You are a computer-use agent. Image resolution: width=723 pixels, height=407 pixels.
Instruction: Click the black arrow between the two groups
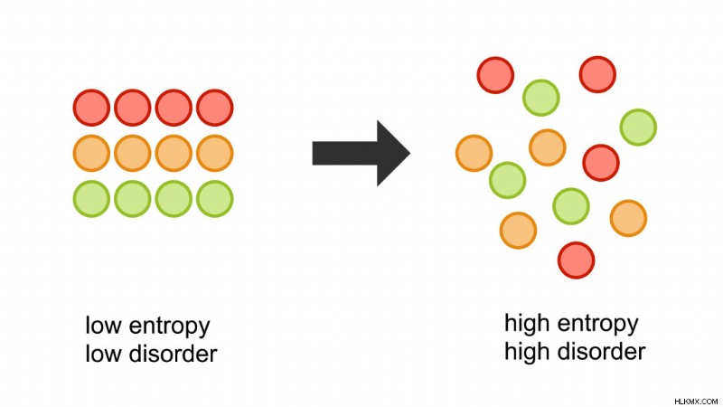(x=361, y=153)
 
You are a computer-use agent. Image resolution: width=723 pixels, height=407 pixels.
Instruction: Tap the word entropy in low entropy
(x=169, y=327)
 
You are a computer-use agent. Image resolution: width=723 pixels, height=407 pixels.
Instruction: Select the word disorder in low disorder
(x=173, y=354)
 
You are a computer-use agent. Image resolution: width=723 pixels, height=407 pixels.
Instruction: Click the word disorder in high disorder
(x=601, y=351)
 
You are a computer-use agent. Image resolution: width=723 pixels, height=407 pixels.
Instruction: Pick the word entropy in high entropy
(x=597, y=325)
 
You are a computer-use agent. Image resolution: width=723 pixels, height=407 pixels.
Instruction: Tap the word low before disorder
(x=104, y=354)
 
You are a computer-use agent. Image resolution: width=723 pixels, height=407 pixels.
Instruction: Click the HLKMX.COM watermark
(x=696, y=402)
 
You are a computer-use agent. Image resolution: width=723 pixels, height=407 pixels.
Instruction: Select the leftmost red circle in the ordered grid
(x=92, y=108)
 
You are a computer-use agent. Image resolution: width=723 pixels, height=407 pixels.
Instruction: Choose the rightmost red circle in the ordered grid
(x=215, y=108)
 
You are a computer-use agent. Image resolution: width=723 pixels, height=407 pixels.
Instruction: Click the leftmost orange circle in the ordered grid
(x=92, y=153)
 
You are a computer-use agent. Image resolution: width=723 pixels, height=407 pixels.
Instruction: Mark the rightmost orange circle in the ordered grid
(x=215, y=153)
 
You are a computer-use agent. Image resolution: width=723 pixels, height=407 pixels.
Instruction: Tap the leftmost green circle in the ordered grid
(x=92, y=199)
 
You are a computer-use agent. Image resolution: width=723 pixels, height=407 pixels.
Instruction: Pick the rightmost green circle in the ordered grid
(x=215, y=199)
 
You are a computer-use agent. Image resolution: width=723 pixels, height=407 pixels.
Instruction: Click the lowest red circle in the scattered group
(x=577, y=260)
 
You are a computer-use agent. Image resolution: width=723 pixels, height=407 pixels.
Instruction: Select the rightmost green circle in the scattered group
(x=638, y=128)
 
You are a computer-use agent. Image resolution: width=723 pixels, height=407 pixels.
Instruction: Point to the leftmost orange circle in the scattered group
(x=474, y=153)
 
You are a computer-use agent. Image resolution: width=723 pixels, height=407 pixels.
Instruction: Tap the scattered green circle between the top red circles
(x=541, y=98)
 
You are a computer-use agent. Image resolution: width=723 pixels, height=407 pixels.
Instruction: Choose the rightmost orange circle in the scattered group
(x=628, y=218)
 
